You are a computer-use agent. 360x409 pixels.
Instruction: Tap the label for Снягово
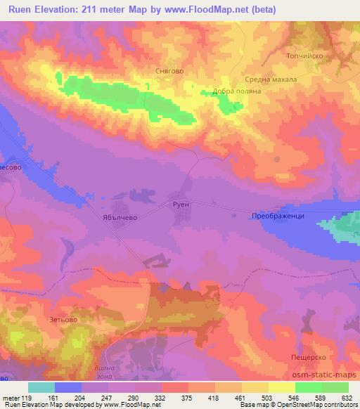[169, 71]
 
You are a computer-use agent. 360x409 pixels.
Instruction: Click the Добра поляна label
[237, 91]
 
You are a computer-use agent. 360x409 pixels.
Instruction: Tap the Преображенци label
[278, 216]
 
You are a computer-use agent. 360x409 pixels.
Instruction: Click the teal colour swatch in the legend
[41, 387]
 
